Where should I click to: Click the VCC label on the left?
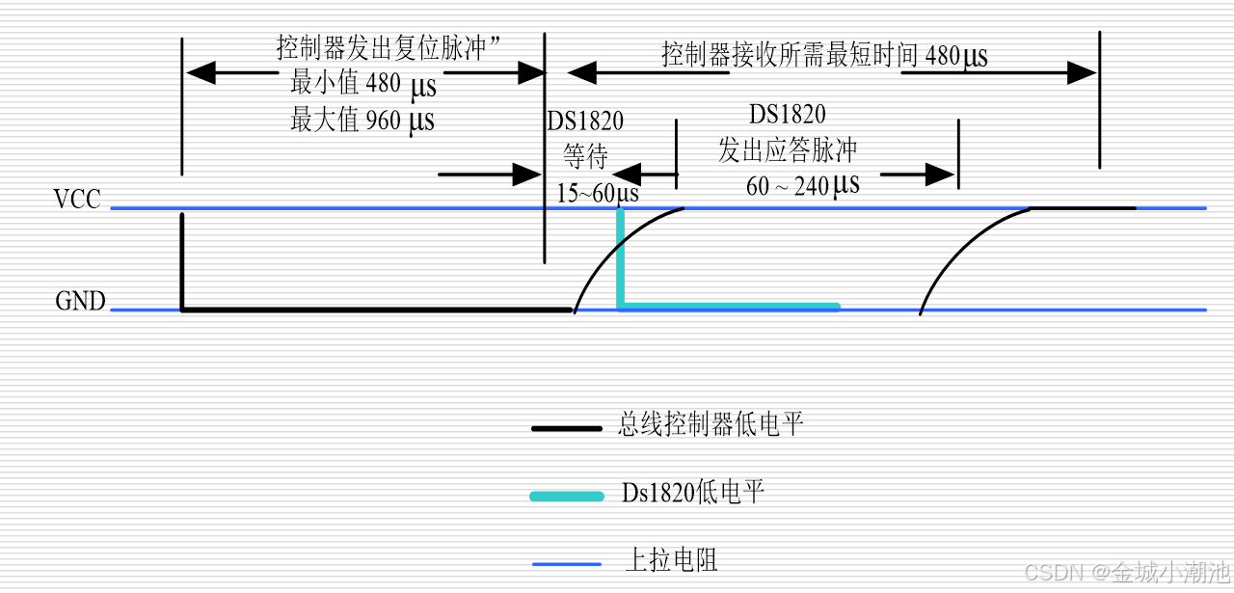[77, 201]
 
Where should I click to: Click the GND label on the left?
[80, 302]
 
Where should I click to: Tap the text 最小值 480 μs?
[362, 85]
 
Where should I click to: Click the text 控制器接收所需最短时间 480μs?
[824, 55]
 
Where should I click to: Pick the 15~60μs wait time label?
[598, 193]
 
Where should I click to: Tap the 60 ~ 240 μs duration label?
[802, 185]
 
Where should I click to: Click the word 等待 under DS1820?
[586, 155]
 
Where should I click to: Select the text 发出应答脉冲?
[788, 150]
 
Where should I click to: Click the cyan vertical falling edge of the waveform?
[621, 258]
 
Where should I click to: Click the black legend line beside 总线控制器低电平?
[566, 427]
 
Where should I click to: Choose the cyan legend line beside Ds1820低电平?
[566, 496]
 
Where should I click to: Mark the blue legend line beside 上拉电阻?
[566, 562]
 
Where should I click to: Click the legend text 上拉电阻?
[671, 560]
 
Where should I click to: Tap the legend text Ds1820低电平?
[692, 494]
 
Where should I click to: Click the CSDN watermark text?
[1125, 573]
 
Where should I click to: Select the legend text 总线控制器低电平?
[711, 425]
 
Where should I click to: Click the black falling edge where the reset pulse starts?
[182, 260]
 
